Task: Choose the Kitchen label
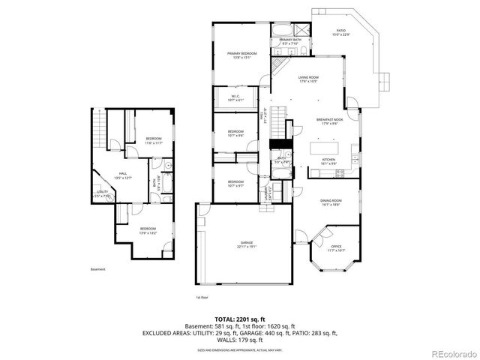(x=328, y=160)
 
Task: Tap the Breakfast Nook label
(x=329, y=121)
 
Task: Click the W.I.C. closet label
(x=235, y=97)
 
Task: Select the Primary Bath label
(x=289, y=42)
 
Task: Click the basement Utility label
(x=103, y=193)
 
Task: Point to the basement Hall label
(x=123, y=176)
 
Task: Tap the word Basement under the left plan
(x=98, y=269)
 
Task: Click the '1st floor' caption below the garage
(x=202, y=297)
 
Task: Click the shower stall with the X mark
(x=301, y=31)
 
